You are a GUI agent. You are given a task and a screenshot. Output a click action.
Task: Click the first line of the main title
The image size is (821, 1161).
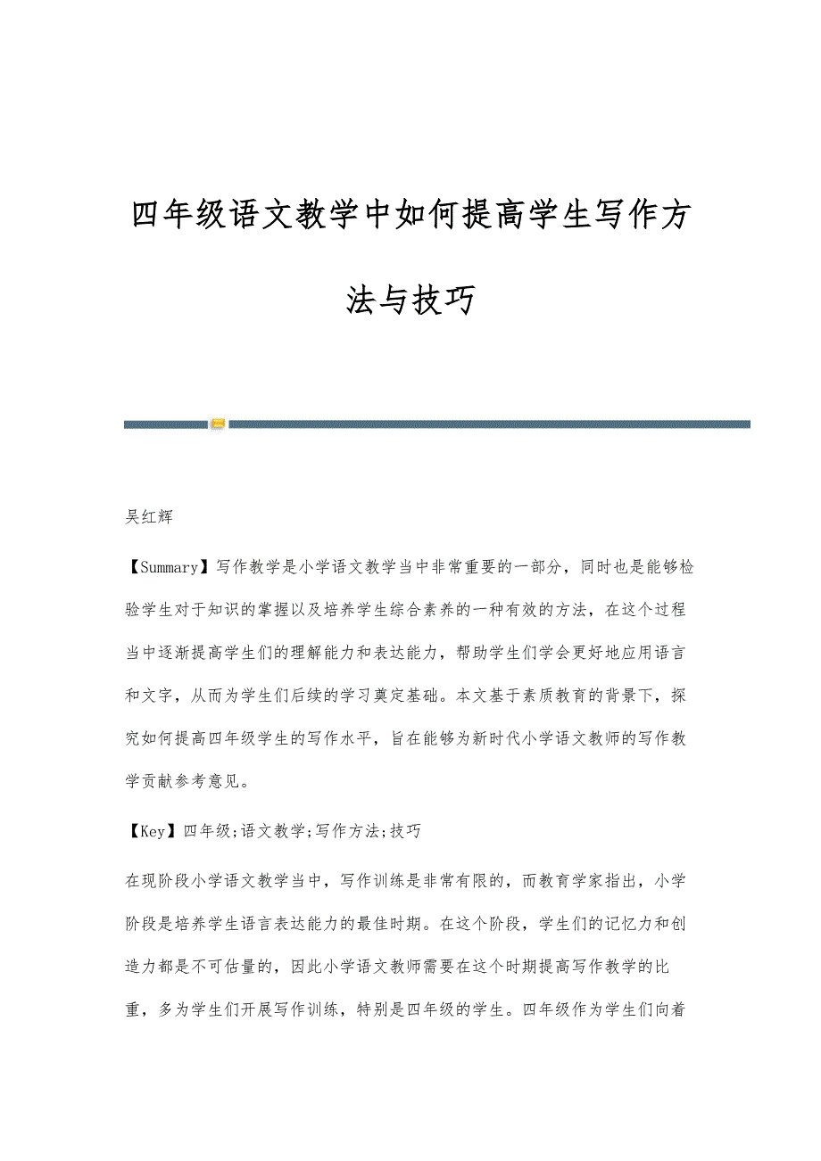point(410,215)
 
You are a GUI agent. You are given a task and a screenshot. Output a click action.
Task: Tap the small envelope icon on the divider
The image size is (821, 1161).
point(218,424)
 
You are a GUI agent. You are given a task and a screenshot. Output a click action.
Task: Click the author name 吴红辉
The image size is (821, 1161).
point(149,517)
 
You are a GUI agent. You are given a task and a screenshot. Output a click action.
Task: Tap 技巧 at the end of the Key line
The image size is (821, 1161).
point(405,831)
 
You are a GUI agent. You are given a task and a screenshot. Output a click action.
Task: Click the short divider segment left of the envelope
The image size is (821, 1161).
point(165,424)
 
